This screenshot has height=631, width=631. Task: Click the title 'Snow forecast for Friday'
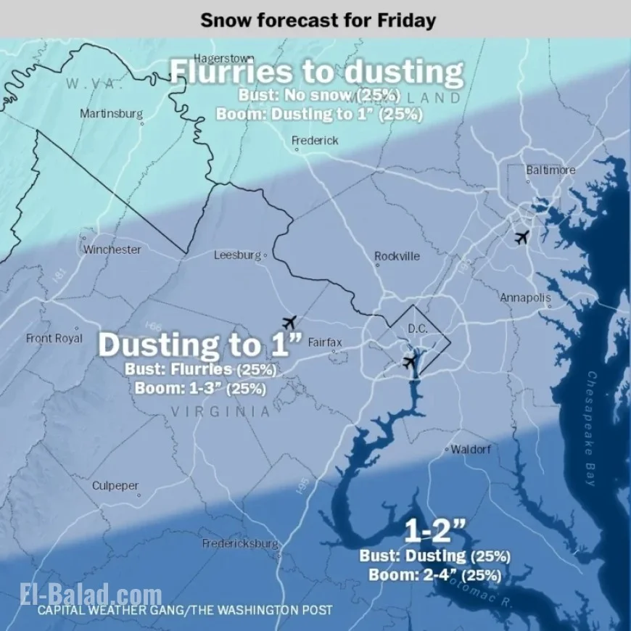coord(318,19)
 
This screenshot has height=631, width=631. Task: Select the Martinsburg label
coord(111,114)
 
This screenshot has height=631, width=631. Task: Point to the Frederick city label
coord(315,140)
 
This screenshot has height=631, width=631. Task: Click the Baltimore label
coord(551,170)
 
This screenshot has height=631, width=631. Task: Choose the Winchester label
coord(112,249)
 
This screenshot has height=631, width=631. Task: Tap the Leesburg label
coord(237,255)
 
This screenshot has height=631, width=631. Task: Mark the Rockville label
coord(397,256)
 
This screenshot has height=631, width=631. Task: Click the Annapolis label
coord(525,297)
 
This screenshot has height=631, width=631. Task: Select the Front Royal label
coord(54,338)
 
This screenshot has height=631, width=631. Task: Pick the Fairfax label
coord(325,342)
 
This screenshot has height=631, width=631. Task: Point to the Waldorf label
coord(471,450)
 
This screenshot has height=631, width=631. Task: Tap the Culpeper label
coord(115,486)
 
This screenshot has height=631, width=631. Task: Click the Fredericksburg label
coord(240,543)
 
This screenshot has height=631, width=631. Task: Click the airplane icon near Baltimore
coord(521,237)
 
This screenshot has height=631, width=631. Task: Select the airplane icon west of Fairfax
coord(289,321)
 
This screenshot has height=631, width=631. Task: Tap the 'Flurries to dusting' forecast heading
coord(316,72)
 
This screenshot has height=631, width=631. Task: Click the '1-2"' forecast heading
coord(434,532)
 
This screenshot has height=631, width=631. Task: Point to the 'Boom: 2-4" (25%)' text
coord(435,574)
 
